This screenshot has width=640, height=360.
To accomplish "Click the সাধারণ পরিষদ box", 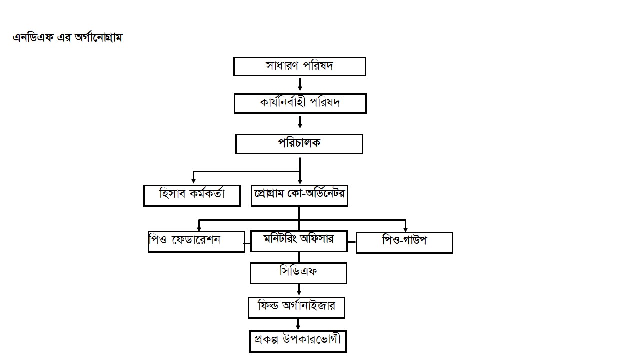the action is pyautogui.click(x=299, y=66).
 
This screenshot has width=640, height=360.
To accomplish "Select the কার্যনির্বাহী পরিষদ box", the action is pyautogui.click(x=300, y=103).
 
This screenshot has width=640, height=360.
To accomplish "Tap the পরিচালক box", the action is pyautogui.click(x=299, y=144).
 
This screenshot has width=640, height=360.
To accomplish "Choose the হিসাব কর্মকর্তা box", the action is pyautogui.click(x=192, y=195).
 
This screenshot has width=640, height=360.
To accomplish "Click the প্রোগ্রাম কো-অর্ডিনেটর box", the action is pyautogui.click(x=299, y=195).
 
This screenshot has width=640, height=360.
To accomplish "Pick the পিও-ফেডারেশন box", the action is pyautogui.click(x=196, y=241).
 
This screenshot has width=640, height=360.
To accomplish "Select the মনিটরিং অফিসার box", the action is pyautogui.click(x=299, y=241).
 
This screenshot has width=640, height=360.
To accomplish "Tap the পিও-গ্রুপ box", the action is pyautogui.click(x=404, y=243).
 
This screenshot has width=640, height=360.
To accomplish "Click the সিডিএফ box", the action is pyautogui.click(x=298, y=273).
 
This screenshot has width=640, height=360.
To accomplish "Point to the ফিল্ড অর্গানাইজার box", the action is pyautogui.click(x=296, y=307).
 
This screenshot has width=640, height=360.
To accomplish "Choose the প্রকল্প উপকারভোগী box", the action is pyautogui.click(x=298, y=341).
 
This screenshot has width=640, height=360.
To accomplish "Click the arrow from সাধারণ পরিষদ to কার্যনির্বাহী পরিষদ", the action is pyautogui.click(x=300, y=85).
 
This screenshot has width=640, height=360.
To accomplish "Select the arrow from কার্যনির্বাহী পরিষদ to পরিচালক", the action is pyautogui.click(x=300, y=122).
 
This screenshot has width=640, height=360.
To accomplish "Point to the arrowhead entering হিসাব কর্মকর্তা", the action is pyautogui.click(x=193, y=181).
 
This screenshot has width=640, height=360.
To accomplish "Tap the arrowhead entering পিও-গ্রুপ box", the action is pyautogui.click(x=405, y=229).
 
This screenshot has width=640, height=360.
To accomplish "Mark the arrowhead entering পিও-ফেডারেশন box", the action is pyautogui.click(x=199, y=228).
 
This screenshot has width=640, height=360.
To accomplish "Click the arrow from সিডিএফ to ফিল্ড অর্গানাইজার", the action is pyautogui.click(x=299, y=290).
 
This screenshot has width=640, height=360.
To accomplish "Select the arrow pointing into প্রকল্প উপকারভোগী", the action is pyautogui.click(x=298, y=324).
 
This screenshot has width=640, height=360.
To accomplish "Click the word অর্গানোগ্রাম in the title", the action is pyautogui.click(x=98, y=38).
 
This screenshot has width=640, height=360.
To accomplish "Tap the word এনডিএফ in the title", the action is pyautogui.click(x=33, y=38).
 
